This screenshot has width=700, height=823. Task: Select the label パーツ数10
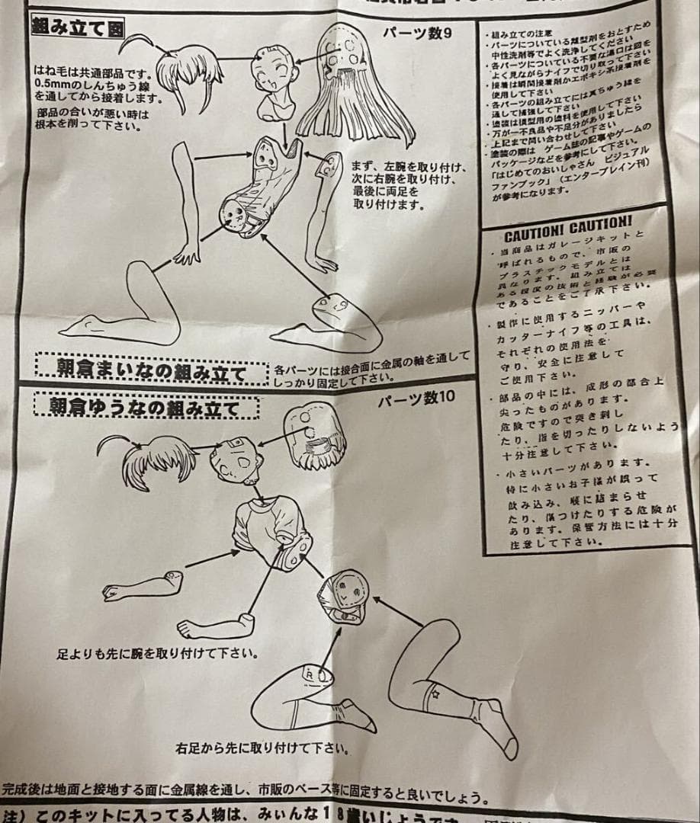coord(416,396)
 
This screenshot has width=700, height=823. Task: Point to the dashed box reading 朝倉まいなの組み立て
coord(152,372)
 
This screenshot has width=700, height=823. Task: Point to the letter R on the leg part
coord(308,674)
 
